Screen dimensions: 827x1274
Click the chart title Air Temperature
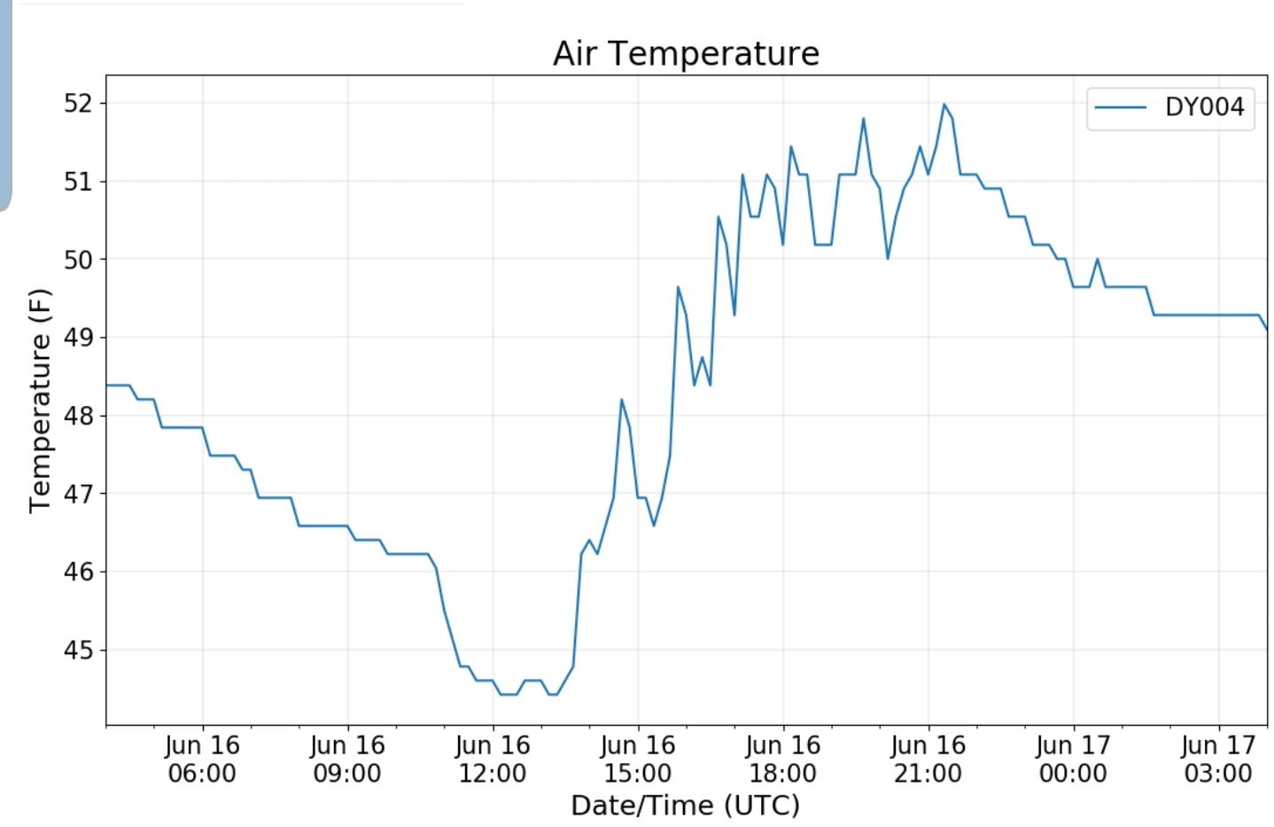coord(686,53)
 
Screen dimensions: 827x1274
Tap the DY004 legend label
coord(1204,107)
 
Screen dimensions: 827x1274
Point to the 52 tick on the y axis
coord(77,104)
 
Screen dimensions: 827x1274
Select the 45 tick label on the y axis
coord(77,651)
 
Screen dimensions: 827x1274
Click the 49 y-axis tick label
coord(77,338)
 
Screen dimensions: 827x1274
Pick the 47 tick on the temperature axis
coord(77,494)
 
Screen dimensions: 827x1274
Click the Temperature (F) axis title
coord(40,401)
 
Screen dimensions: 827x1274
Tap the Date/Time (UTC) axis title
coord(685,805)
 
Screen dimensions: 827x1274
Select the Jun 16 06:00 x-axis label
coord(202,759)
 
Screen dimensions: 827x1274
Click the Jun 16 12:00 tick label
coord(493,759)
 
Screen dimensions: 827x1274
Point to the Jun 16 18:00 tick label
coord(783,759)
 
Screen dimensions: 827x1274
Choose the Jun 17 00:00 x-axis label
coord(1073,759)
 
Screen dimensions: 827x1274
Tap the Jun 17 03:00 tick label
coord(1218,759)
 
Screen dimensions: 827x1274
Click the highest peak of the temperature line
coord(944,105)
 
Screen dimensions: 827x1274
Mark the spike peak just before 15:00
coord(621,400)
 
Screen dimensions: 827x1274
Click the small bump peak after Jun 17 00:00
coord(1097,259)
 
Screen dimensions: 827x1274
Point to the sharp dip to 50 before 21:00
coord(888,258)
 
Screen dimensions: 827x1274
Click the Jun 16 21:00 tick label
coord(928,759)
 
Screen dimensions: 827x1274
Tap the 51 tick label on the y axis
coord(77,182)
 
